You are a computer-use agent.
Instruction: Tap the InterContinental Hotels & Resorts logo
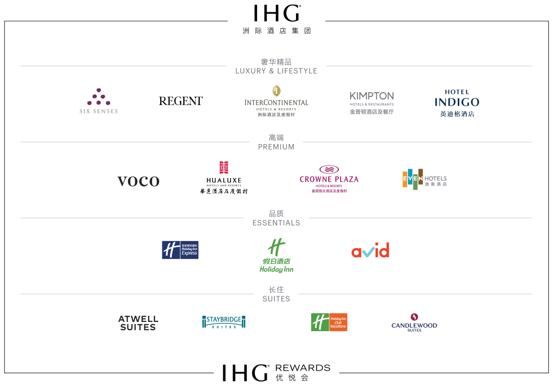tap(276, 101)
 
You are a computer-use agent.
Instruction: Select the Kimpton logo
tap(372, 103)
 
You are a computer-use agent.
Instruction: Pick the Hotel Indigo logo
tap(457, 103)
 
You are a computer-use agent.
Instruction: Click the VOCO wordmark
tap(138, 181)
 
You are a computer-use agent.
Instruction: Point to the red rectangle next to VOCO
tap(224, 167)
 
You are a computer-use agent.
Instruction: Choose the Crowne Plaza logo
tap(329, 178)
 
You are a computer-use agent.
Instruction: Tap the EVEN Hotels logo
tap(424, 179)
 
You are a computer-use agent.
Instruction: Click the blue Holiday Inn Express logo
tap(180, 250)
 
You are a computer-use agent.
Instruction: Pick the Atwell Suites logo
tap(138, 323)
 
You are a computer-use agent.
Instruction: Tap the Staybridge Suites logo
tap(224, 322)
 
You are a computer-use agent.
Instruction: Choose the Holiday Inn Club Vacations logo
tap(329, 322)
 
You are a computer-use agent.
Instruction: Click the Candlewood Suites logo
tap(414, 322)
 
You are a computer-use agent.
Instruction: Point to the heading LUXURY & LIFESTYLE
tap(276, 71)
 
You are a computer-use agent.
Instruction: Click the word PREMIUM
tap(276, 147)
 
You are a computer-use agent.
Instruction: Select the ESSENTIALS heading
tap(276, 223)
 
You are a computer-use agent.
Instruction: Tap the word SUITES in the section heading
tap(276, 299)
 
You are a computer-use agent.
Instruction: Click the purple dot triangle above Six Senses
tap(99, 96)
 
